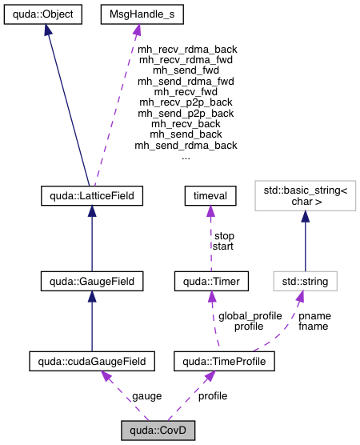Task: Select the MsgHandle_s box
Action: click(x=136, y=14)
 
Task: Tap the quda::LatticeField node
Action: click(x=91, y=194)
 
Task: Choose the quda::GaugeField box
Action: click(x=91, y=281)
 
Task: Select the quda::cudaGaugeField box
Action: click(x=91, y=362)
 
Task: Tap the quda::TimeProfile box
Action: click(x=225, y=362)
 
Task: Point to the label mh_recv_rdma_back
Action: click(x=187, y=49)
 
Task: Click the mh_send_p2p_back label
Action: click(x=186, y=113)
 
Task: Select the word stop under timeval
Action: click(x=224, y=236)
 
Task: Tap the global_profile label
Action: click(x=250, y=315)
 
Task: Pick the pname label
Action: click(x=314, y=315)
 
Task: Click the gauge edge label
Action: click(x=147, y=396)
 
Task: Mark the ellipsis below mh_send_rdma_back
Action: click(x=186, y=156)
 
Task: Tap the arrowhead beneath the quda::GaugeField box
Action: click(x=91, y=296)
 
